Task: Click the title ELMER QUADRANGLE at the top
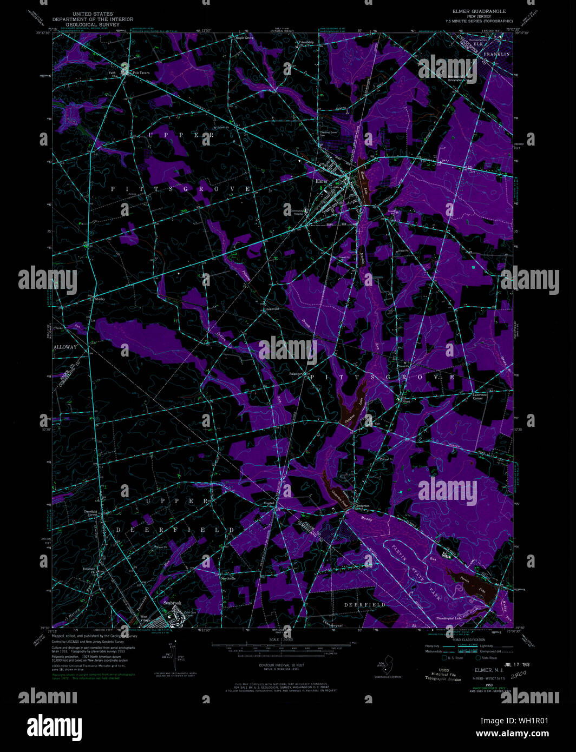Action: coord(479,11)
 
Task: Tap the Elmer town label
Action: coord(322,181)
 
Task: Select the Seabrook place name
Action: coord(173,603)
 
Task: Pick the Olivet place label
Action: coord(405,401)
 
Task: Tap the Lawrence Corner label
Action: coord(479,396)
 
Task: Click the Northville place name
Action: coord(228,578)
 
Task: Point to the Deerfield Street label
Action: coord(90,512)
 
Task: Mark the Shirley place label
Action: coord(100,299)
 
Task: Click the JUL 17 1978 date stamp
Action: coord(516,664)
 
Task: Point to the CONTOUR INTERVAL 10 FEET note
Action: coord(282,665)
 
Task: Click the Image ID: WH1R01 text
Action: coord(512,721)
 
